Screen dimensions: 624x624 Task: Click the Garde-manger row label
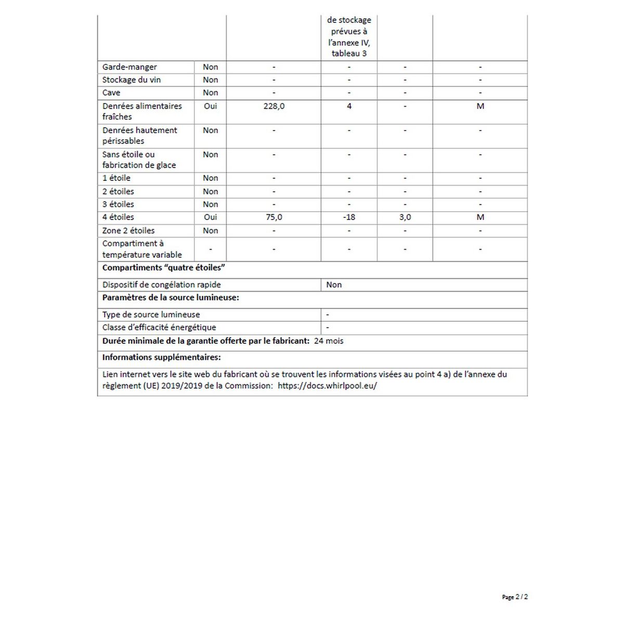(x=129, y=67)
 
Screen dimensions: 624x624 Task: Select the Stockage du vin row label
(x=132, y=80)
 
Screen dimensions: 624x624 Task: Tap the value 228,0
(x=274, y=106)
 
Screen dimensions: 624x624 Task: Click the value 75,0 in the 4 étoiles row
(x=274, y=217)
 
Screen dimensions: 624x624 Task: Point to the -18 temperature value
(x=349, y=217)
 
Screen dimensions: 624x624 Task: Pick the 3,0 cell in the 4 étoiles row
(x=405, y=217)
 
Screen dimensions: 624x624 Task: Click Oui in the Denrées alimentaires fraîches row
(x=211, y=106)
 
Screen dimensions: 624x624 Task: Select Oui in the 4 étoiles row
(x=211, y=217)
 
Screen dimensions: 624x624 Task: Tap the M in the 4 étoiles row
(x=480, y=217)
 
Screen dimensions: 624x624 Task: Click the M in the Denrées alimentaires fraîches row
(x=480, y=106)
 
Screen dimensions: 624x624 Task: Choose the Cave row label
(x=111, y=93)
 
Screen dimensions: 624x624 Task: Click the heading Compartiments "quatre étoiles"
(x=164, y=268)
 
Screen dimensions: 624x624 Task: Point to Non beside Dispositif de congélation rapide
(x=334, y=285)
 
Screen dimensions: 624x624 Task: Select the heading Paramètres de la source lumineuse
(x=171, y=298)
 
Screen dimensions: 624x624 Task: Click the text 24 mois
(x=329, y=341)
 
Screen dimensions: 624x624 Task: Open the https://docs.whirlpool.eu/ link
(x=327, y=386)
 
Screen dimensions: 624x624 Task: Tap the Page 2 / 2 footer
(x=515, y=597)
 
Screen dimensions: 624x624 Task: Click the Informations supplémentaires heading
(x=161, y=357)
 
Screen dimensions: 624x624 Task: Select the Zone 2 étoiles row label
(x=128, y=231)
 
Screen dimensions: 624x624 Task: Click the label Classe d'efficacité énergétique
(x=159, y=328)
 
